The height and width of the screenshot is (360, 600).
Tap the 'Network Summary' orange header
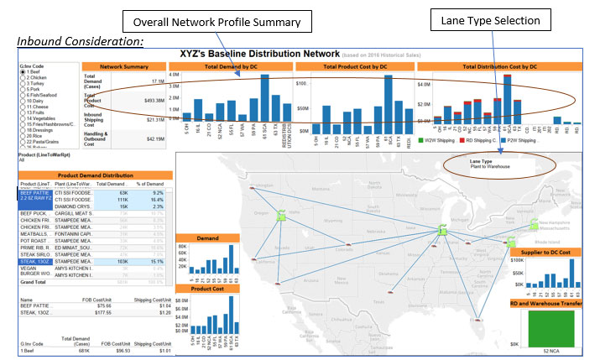124,65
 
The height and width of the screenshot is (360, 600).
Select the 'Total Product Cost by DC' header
354,65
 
